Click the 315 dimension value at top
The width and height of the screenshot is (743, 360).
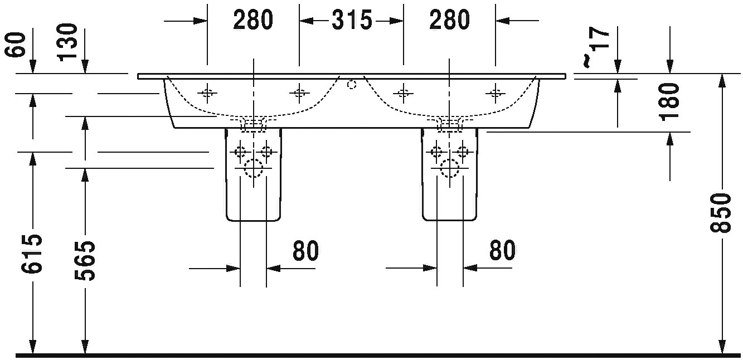352,21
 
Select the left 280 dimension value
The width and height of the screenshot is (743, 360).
253,21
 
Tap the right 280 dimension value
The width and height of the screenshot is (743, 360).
449,21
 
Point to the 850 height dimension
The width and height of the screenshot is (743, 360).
722,213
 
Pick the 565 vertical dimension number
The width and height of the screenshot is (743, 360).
85,261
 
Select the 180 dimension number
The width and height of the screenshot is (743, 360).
669,101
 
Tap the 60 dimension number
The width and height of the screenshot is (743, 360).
17,45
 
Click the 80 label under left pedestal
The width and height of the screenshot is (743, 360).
305,251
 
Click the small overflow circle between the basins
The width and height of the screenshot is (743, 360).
351,85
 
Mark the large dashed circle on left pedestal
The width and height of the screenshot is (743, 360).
254,167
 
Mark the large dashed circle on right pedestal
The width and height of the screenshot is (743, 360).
449,167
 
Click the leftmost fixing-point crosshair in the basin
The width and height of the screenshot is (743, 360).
207,93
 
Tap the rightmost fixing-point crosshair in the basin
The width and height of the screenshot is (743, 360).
494,93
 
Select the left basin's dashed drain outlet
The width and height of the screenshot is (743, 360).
254,124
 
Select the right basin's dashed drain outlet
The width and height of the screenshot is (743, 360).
449,124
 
